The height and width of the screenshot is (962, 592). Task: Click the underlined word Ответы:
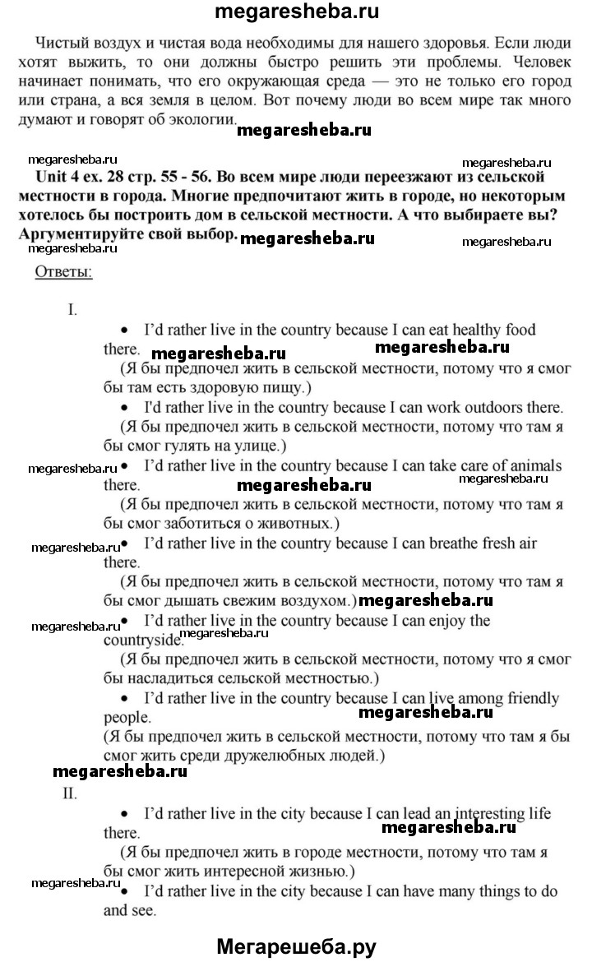pos(63,272)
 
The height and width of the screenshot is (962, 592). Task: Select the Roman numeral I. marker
pos(73,310)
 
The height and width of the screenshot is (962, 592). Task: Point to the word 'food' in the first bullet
pos(518,331)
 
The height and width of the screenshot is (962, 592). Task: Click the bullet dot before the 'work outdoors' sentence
pos(125,409)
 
